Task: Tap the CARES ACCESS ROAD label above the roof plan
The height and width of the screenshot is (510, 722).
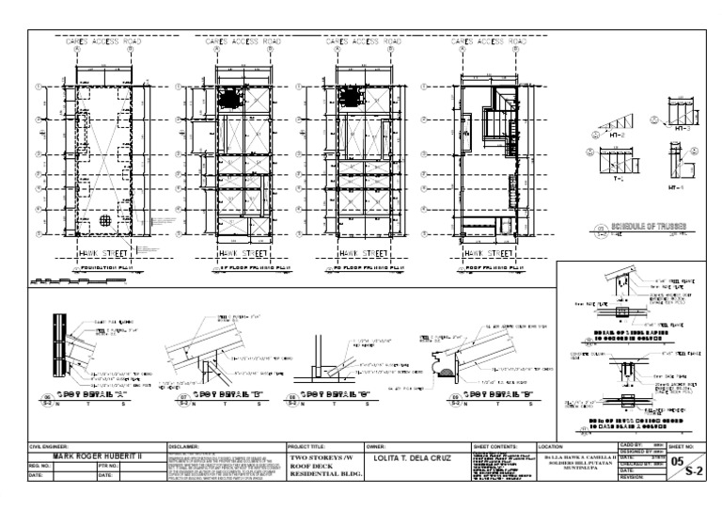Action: point(487,42)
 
